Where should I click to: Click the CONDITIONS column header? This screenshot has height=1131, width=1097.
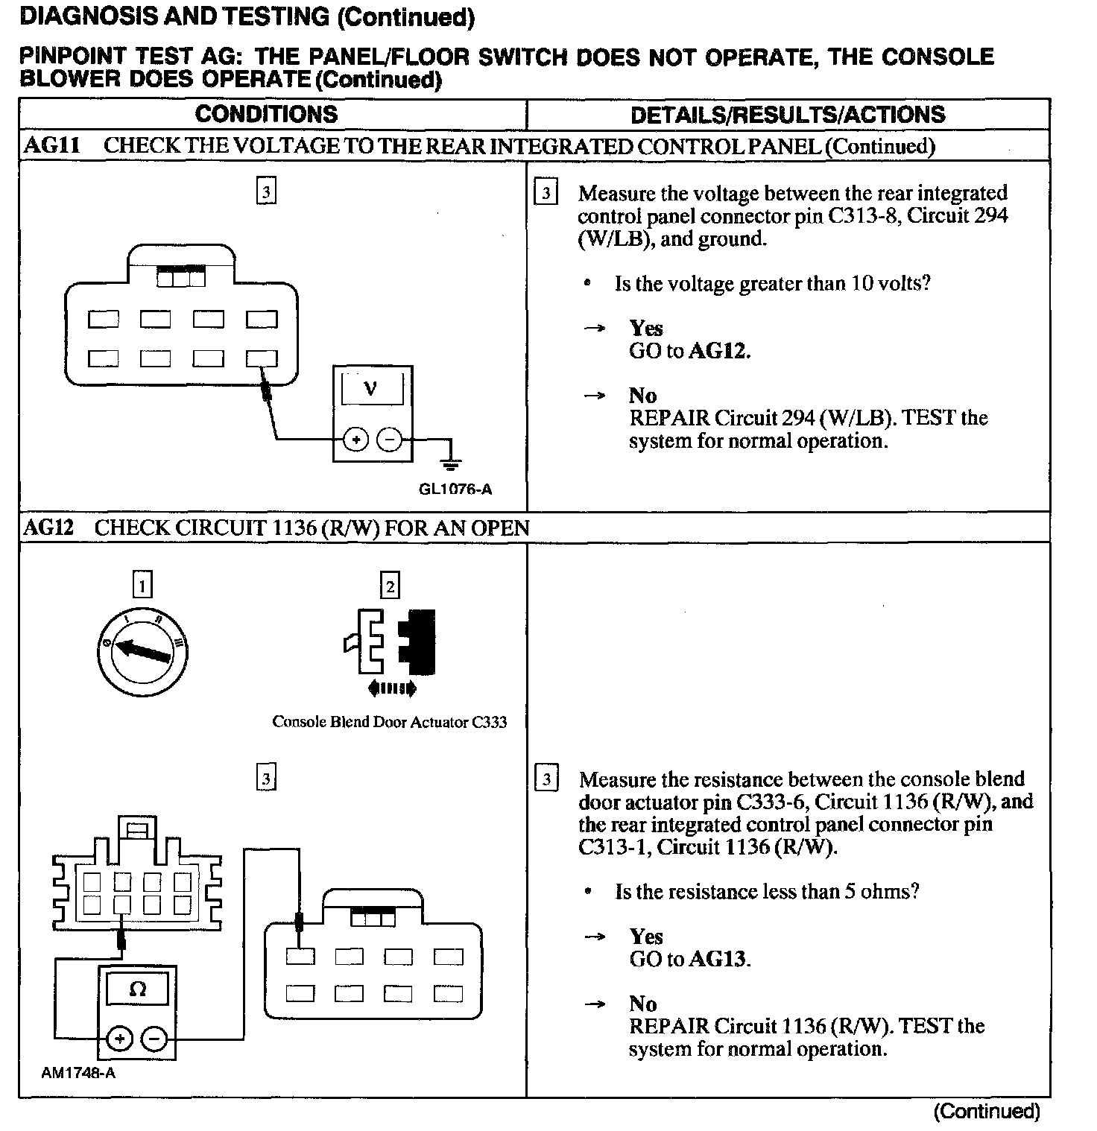point(266,114)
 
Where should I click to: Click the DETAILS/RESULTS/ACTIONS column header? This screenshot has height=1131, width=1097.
point(787,115)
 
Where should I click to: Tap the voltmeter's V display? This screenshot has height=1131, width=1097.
point(371,389)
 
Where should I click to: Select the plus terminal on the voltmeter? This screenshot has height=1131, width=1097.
point(356,440)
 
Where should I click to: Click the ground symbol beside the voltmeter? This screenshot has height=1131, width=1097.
point(449,463)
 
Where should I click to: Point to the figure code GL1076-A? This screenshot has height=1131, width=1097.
point(455,490)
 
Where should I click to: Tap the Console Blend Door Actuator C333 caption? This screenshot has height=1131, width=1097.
point(389,721)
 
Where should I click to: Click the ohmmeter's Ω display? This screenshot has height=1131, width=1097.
point(138,989)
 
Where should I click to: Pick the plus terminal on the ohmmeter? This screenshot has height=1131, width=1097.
point(121,1038)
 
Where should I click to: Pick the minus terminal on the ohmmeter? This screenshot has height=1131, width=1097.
point(154,1038)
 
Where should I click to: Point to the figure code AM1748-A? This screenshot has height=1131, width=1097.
point(78,1073)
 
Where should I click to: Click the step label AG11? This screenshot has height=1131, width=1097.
point(51,145)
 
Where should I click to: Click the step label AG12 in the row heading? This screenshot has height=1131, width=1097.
point(48,528)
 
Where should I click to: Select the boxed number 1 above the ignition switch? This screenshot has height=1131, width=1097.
point(142,585)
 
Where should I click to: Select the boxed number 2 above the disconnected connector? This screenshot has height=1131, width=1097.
point(389,585)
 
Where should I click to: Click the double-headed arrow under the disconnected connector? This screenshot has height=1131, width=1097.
point(392,689)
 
